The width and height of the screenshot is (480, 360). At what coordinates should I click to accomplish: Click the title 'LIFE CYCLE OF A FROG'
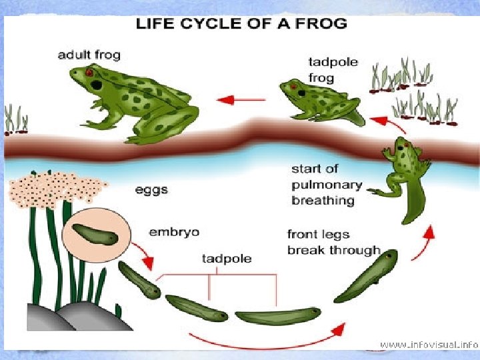point(241,24)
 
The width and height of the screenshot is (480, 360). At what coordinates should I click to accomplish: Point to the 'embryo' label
point(174,233)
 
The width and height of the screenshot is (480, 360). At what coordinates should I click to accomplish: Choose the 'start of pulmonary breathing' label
point(327,185)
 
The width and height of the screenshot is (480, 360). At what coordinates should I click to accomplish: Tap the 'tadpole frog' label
point(332,70)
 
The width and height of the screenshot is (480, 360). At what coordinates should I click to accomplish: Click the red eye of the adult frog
point(89,72)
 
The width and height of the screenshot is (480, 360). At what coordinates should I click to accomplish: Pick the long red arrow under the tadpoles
point(267,336)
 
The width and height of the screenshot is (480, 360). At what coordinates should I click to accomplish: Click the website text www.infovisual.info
point(429,345)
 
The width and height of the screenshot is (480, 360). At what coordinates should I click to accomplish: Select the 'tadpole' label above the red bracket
point(227,258)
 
